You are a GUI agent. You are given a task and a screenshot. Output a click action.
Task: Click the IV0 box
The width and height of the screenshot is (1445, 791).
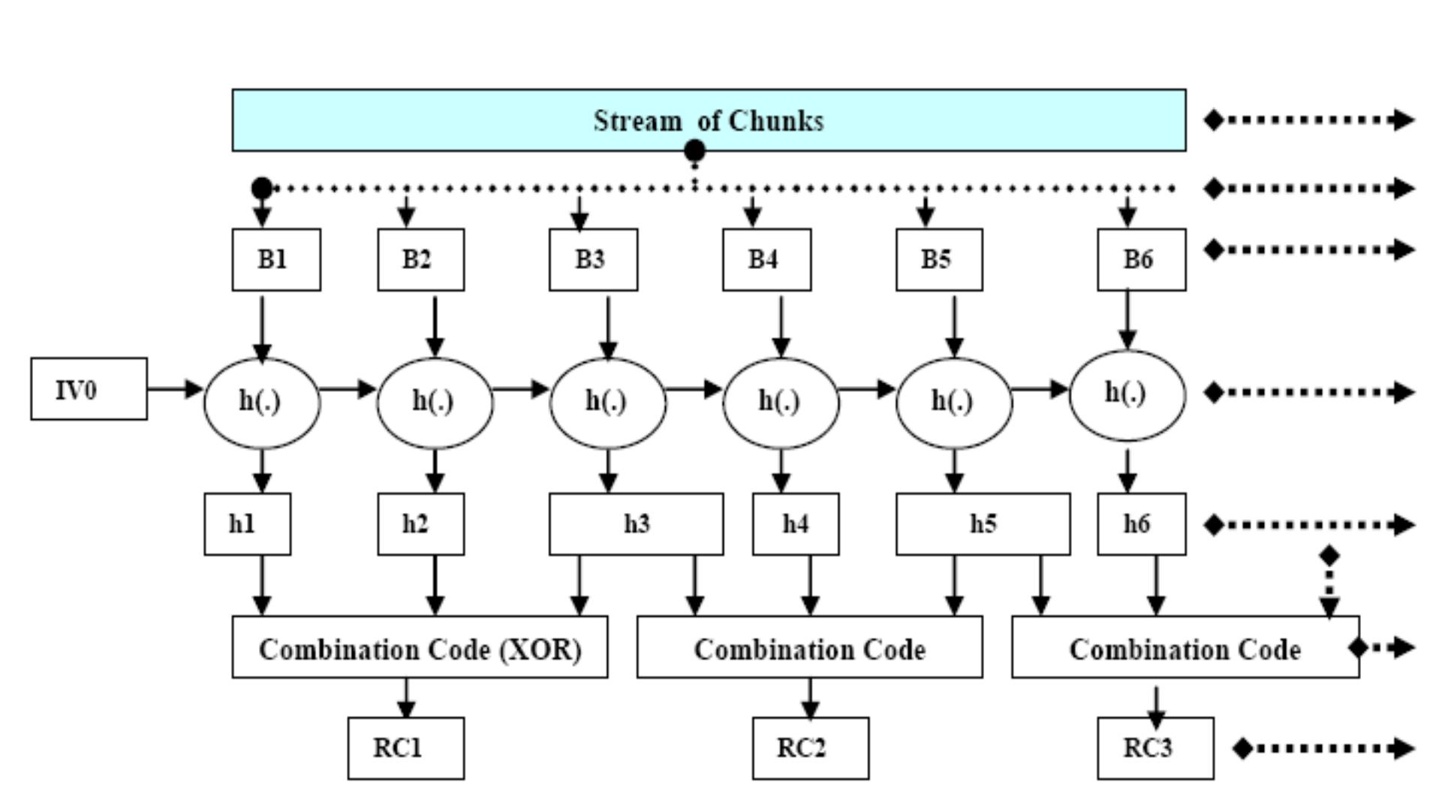89,389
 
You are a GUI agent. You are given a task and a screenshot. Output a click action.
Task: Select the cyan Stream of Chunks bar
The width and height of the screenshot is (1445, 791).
709,120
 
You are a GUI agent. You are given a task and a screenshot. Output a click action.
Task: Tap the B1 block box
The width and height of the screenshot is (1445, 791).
275,260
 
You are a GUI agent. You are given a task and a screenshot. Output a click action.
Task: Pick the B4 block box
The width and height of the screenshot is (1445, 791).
766,260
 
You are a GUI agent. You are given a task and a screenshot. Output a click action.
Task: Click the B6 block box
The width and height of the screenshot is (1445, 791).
1141,260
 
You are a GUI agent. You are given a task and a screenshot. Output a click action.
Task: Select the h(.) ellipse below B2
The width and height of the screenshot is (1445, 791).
435,403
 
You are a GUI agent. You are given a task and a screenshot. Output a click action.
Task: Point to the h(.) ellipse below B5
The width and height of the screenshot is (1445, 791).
953,403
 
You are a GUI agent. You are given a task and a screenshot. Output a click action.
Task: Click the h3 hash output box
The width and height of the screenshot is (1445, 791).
636,524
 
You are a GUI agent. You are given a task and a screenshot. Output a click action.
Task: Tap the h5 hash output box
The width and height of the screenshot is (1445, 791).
983,524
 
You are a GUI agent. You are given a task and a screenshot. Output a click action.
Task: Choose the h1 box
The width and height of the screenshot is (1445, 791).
247,524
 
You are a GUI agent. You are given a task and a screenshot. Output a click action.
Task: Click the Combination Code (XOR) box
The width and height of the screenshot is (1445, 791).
420,648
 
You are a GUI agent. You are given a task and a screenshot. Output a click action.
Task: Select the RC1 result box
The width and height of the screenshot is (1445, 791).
405,748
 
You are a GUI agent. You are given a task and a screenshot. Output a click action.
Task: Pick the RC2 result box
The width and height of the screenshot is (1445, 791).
810,748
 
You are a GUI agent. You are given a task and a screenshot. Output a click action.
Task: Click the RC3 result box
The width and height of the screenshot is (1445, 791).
1154,748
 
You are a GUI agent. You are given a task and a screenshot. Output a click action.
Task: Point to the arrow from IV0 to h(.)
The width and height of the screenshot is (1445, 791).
175,389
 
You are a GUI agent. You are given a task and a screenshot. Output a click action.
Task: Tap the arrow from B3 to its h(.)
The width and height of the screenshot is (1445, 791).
608,326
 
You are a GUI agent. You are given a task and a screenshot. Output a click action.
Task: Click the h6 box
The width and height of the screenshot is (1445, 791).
1141,524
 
